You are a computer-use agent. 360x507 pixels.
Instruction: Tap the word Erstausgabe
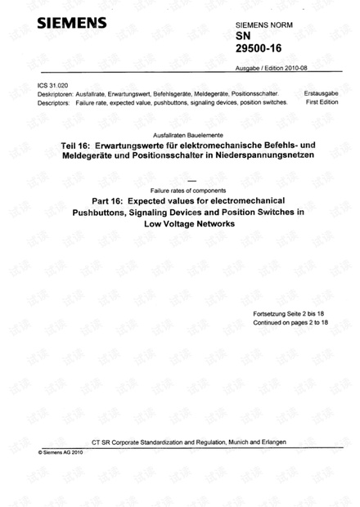tap(320, 95)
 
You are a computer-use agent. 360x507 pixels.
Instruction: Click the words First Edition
tap(320, 103)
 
